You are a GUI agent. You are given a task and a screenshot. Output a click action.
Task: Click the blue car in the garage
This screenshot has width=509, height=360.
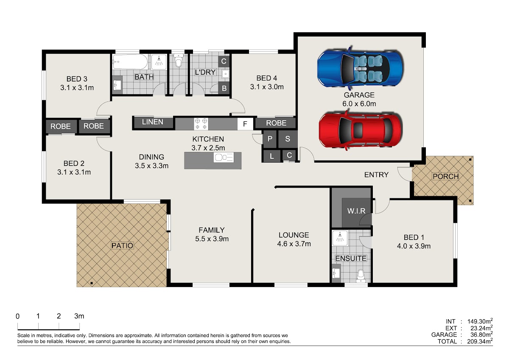pyautogui.click(x=360, y=68)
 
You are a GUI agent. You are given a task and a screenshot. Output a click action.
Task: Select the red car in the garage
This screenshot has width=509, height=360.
pyautogui.click(x=360, y=130)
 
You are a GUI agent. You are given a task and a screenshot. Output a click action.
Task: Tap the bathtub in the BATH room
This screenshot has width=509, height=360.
pyautogui.click(x=130, y=62)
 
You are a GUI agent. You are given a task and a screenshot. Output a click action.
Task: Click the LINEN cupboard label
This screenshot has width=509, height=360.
pyautogui.click(x=152, y=122)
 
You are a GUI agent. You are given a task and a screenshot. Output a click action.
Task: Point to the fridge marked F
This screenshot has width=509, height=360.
pyautogui.click(x=245, y=124)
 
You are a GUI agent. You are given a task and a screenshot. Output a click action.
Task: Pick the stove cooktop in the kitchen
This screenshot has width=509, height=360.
pyautogui.click(x=201, y=124)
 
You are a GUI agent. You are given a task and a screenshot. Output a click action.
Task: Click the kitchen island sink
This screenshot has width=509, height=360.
pyautogui.click(x=224, y=157)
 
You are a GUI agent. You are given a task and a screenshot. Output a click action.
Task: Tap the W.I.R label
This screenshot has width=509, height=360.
pyautogui.click(x=356, y=211)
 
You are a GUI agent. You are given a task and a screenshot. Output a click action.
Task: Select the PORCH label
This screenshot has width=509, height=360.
pyautogui.click(x=445, y=176)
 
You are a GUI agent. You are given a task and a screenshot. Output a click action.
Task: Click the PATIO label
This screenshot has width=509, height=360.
pyautogui.click(x=122, y=246)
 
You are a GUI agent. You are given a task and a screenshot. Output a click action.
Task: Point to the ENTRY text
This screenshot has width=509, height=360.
pyautogui.click(x=376, y=174)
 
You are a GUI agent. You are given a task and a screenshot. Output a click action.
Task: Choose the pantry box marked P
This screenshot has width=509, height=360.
pyautogui.click(x=270, y=139)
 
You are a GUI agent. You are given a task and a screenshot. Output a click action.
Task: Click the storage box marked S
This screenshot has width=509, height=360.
pyautogui.click(x=288, y=139)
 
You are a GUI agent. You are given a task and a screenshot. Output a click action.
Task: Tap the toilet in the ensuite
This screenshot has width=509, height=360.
pyautogui.click(x=361, y=276)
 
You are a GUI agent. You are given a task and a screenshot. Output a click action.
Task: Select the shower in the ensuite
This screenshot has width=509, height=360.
pyautogui.click(x=340, y=238)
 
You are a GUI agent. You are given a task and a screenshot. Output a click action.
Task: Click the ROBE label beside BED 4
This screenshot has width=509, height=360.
pyautogui.click(x=276, y=123)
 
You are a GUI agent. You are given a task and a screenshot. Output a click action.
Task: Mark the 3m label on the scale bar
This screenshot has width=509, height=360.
pyautogui.click(x=79, y=316)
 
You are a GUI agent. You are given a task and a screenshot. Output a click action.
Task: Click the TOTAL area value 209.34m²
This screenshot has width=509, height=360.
pyautogui.click(x=480, y=341)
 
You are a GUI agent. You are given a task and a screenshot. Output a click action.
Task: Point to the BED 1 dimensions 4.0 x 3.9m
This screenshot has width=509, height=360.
pyautogui.click(x=414, y=246)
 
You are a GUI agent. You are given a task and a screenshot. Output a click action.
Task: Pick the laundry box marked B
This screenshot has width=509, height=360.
pyautogui.click(x=224, y=88)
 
